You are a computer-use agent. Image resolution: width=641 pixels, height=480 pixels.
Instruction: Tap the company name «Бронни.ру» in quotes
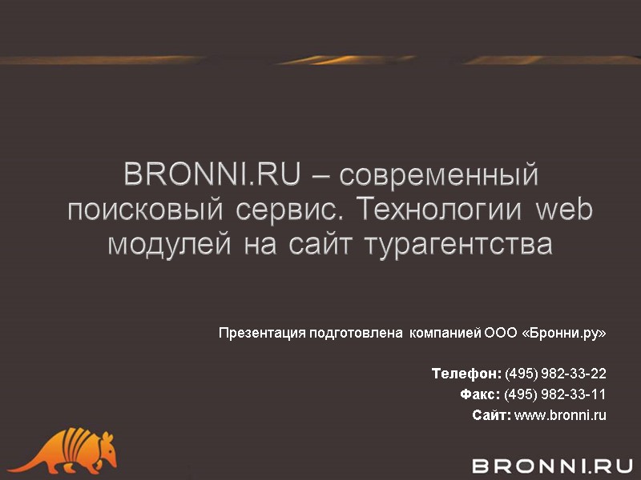tap(564, 333)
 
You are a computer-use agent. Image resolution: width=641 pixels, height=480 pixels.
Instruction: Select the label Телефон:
tap(466, 374)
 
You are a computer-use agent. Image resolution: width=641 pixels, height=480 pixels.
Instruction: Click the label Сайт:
tap(491, 415)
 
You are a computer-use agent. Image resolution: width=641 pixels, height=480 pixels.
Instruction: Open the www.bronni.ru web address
tap(560, 415)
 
